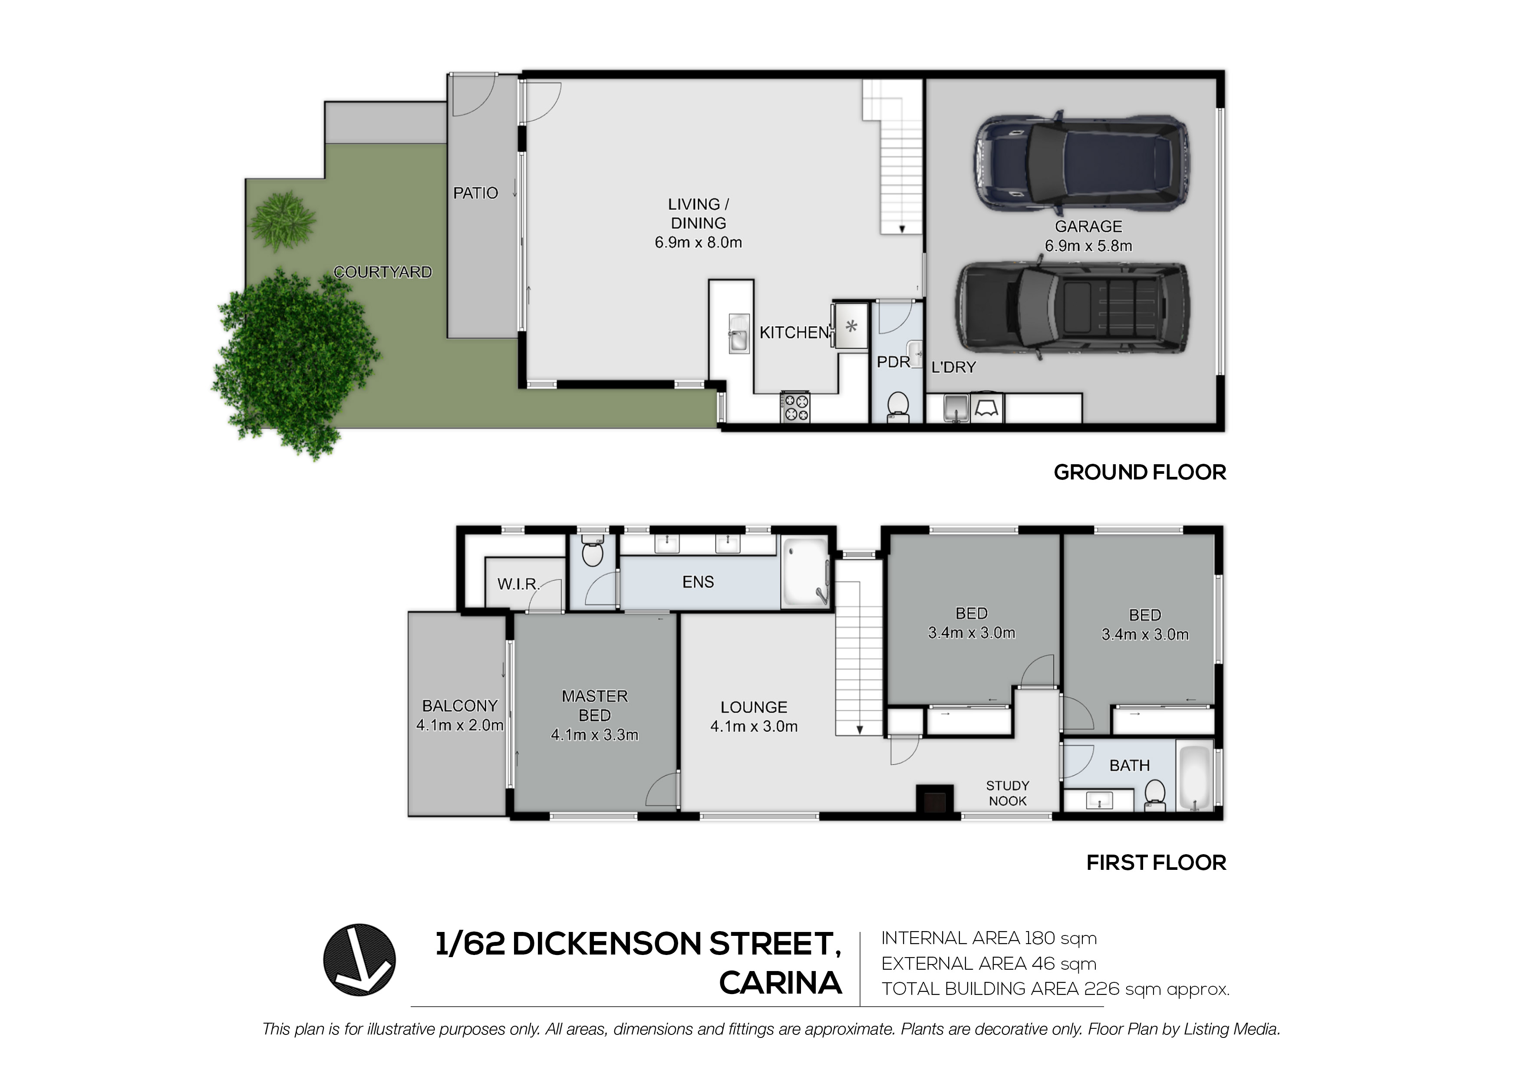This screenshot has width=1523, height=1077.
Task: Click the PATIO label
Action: point(475,193)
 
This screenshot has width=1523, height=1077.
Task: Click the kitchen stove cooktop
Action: point(795,407)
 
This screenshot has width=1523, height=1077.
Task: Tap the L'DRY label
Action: point(953,367)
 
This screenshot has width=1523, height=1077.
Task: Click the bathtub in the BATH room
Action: point(1195,778)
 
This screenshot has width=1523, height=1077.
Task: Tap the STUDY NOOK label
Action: point(1008,793)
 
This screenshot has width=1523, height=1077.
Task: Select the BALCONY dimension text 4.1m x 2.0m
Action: point(460,725)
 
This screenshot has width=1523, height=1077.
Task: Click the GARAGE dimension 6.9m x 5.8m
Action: point(1088,245)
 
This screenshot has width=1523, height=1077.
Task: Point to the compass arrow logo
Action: point(359,960)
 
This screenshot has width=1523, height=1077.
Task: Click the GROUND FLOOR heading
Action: point(1140,472)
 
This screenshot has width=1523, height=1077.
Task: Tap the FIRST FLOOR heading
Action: point(1156,862)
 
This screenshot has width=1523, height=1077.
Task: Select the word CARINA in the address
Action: point(780,983)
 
